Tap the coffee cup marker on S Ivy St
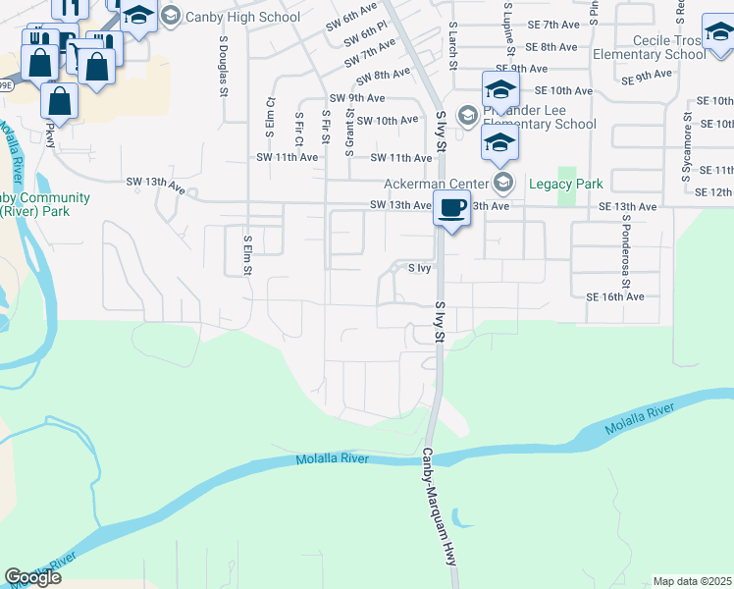(x=451, y=209)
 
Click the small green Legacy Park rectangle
(x=566, y=192)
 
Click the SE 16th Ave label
(x=614, y=296)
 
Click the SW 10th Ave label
(x=389, y=121)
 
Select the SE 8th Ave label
(x=551, y=46)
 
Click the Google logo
(x=32, y=577)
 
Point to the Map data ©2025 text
(x=692, y=581)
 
